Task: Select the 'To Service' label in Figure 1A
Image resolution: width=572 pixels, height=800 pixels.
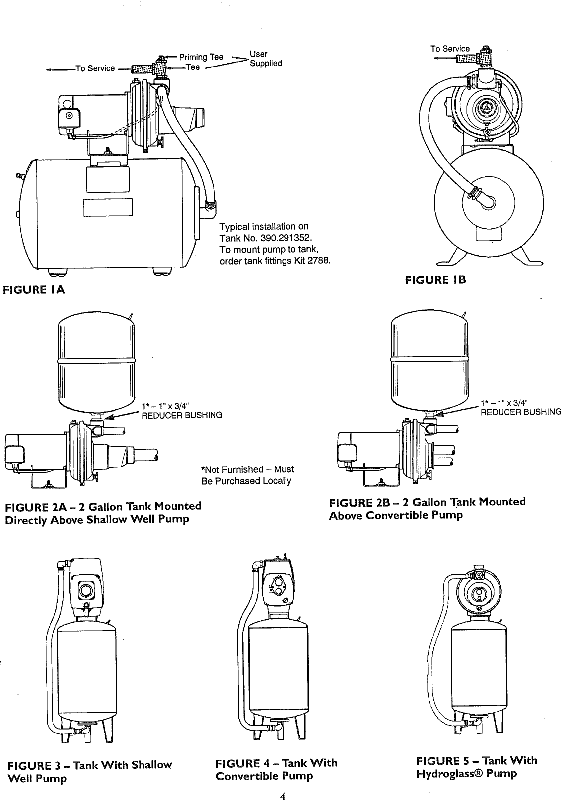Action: (95, 68)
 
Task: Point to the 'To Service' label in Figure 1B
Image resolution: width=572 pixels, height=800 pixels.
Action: (449, 49)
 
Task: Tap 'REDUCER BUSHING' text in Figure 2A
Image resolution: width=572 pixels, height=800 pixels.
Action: (182, 415)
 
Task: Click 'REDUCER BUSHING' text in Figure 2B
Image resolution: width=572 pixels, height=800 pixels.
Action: (520, 411)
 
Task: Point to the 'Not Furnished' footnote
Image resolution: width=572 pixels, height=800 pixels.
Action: (247, 475)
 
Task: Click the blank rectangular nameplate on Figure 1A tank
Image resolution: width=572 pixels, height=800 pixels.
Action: (108, 207)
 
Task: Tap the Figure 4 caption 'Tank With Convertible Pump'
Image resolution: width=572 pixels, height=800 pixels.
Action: (276, 769)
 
